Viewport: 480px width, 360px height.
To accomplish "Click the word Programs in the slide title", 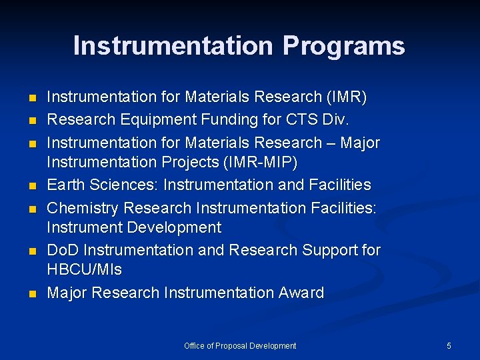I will (x=343, y=47).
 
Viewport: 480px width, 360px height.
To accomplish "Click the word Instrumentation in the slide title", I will (x=173, y=47).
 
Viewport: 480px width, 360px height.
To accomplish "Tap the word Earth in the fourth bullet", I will (x=65, y=185).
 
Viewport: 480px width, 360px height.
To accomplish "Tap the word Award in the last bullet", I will (x=301, y=293).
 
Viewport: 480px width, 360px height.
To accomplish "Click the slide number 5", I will (x=449, y=346).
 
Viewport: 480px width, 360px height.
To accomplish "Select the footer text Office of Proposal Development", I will (x=240, y=346).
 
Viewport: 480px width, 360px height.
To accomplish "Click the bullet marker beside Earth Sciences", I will (x=31, y=185).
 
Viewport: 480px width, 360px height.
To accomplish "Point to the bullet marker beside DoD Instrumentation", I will (x=31, y=251).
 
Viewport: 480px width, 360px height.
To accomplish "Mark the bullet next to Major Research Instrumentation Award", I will (x=31, y=293).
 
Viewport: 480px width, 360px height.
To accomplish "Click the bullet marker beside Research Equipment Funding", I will (x=31, y=121).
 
